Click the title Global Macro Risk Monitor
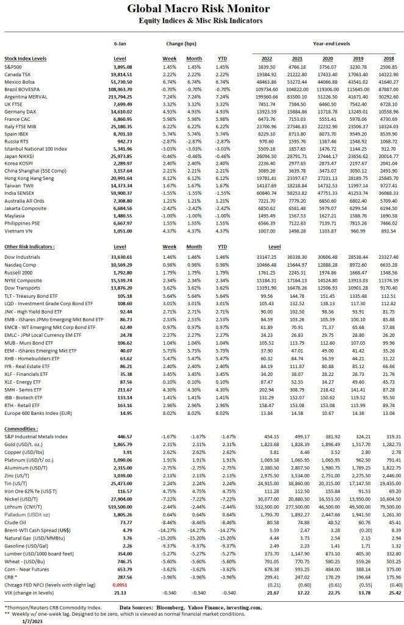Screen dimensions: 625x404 click(x=202, y=10)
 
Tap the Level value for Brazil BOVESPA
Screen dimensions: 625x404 click(x=120, y=89)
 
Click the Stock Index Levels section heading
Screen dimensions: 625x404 click(x=27, y=58)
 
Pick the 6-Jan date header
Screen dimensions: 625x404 click(x=120, y=44)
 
